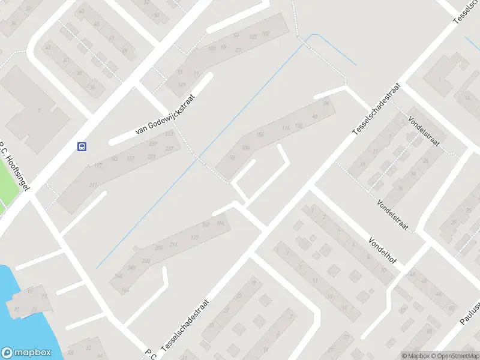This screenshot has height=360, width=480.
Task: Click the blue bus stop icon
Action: [82, 146]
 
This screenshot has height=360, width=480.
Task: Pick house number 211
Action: [93, 185]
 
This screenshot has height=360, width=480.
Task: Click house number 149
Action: [181, 85]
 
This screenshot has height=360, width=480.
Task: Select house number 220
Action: [146, 261]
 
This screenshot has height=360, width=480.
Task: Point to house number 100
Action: [245, 148]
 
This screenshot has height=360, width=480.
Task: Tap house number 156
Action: [260, 135]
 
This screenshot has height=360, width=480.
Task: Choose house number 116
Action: [286, 127]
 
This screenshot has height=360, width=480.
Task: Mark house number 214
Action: [174, 245]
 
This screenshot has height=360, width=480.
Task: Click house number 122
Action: [194, 238]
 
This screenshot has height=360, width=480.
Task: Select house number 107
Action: [266, 33]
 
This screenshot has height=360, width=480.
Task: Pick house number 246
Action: [119, 276]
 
